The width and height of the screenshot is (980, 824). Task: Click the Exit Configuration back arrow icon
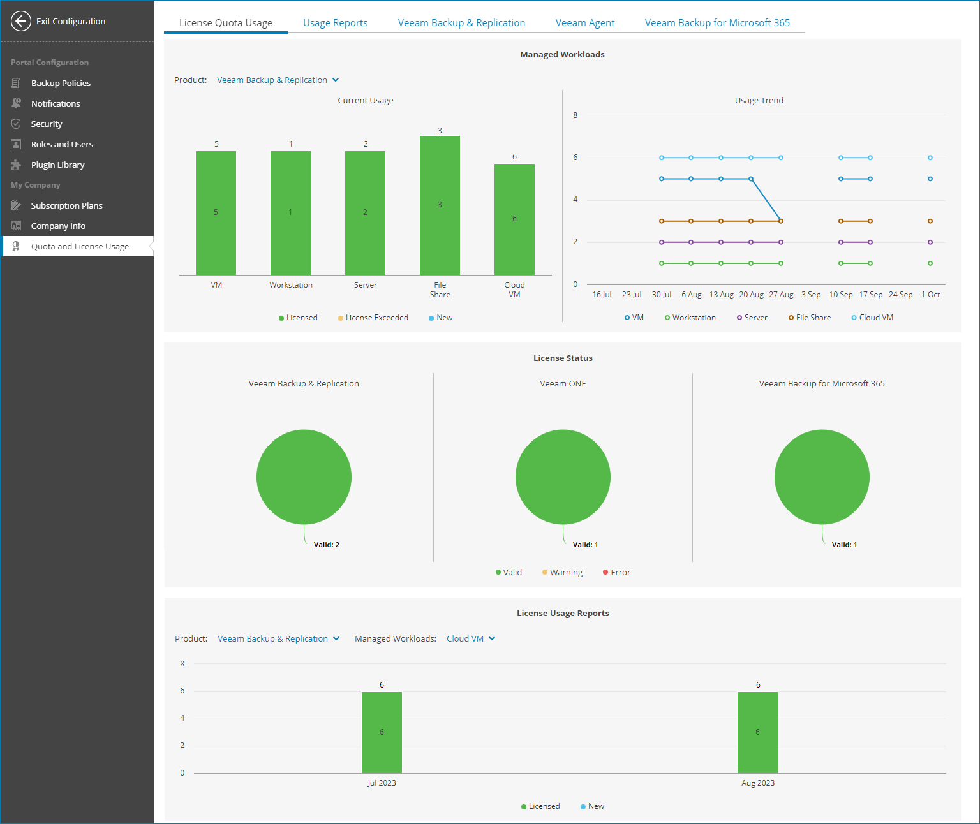tap(21, 21)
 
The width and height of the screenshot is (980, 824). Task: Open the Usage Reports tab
tap(335, 23)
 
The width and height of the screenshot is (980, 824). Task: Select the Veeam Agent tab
tap(584, 23)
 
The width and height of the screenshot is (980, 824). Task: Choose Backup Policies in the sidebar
tap(61, 83)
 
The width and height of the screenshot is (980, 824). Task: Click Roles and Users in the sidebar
tap(62, 144)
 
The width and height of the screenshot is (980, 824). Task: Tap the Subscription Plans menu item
tap(66, 205)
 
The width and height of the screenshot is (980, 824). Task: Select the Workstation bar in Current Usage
tap(290, 213)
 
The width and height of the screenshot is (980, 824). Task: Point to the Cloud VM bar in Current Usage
tap(514, 219)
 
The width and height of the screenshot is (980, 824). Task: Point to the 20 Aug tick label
tap(751, 295)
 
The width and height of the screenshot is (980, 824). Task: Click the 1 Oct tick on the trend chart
tap(930, 295)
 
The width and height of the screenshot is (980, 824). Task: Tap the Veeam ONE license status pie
tap(563, 477)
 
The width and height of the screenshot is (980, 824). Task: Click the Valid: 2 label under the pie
tap(326, 545)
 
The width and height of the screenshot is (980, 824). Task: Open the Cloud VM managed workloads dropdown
tap(470, 638)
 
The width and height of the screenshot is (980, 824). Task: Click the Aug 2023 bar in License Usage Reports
tap(757, 732)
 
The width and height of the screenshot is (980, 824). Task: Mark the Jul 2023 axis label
tap(382, 783)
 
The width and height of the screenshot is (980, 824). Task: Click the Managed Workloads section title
tap(562, 55)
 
